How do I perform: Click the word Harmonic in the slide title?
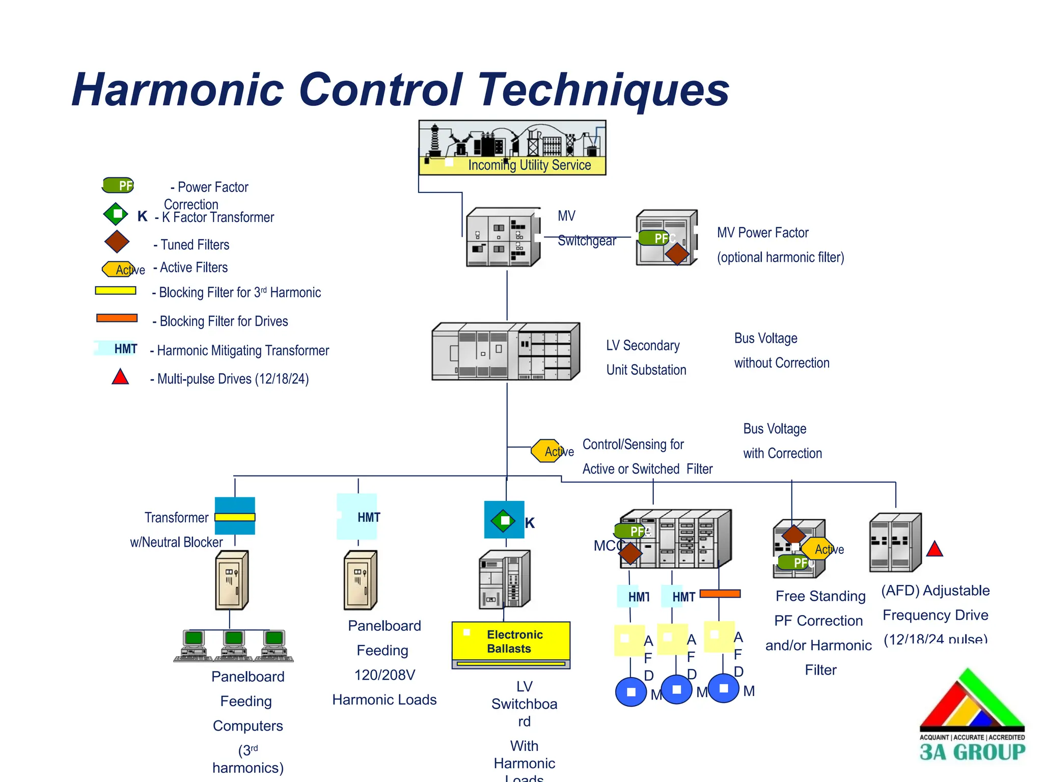coord(178,90)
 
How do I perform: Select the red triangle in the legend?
coord(120,377)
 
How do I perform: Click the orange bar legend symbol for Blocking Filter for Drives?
coord(117,318)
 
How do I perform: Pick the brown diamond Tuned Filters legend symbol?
coord(117,241)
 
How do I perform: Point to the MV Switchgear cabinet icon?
coord(503,237)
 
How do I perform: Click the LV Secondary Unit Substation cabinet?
coord(505,352)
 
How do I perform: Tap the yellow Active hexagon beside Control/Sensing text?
coord(547,451)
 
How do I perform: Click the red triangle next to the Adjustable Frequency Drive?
coord(935,549)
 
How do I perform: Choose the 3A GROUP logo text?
coord(972,752)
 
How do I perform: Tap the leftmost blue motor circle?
coord(631,692)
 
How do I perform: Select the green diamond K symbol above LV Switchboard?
coord(504,520)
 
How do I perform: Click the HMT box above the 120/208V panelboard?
coord(358,517)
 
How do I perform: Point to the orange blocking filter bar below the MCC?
coord(720,594)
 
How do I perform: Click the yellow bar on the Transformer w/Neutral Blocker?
coord(235,517)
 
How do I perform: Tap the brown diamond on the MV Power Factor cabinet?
coord(677,254)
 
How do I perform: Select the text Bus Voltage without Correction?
coord(781,351)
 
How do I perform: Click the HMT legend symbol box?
coord(117,348)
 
